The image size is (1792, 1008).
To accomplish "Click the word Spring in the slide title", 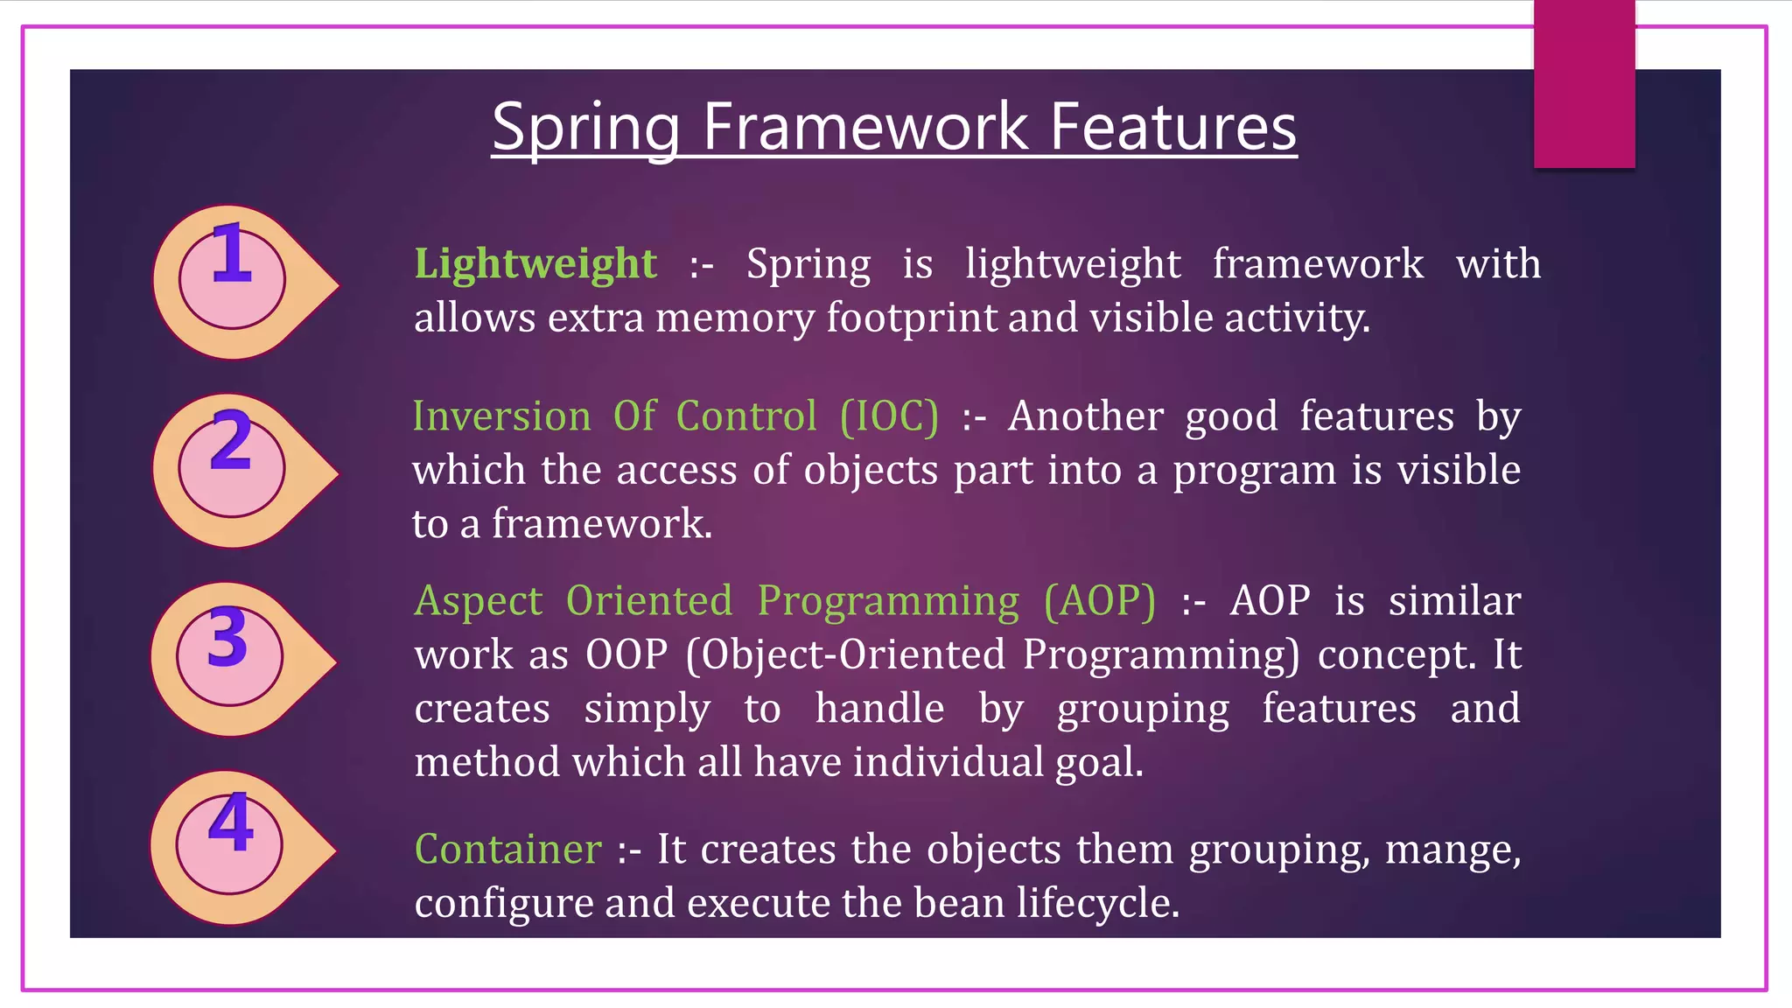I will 585,128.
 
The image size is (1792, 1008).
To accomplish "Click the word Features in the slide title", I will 1172,128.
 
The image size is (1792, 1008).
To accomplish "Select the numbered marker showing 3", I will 230,656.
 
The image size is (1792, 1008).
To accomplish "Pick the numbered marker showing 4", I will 230,844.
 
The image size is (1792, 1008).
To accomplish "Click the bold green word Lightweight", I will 535,264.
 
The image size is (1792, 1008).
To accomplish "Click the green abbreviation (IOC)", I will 889,416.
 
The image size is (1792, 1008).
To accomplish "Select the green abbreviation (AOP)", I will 1100,601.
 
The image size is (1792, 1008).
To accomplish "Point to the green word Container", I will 507,850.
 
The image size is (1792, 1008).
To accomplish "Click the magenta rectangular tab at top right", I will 1584,83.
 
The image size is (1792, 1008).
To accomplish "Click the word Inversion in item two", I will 501,416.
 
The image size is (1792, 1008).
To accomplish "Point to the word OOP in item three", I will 626,655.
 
